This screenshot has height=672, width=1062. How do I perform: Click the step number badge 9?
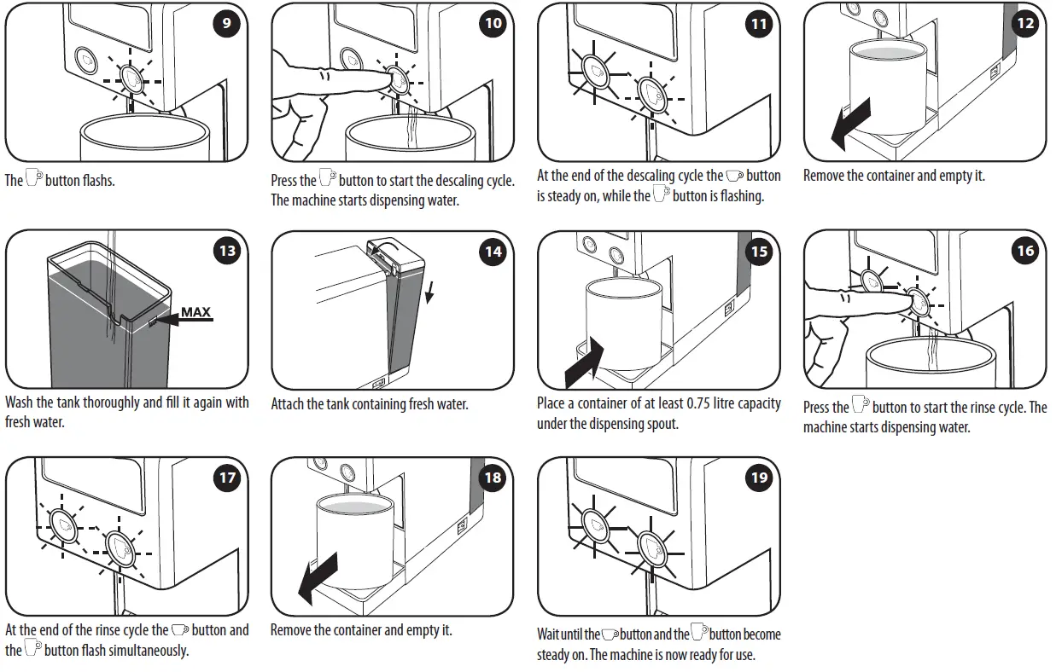226,23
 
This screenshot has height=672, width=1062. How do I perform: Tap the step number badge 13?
227,251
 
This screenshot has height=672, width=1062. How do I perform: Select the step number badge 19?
759,478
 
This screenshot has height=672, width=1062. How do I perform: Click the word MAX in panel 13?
196,312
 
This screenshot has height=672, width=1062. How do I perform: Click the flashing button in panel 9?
132,78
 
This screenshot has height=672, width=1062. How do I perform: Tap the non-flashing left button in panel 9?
85,58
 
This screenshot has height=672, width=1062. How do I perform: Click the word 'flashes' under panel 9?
98,181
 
